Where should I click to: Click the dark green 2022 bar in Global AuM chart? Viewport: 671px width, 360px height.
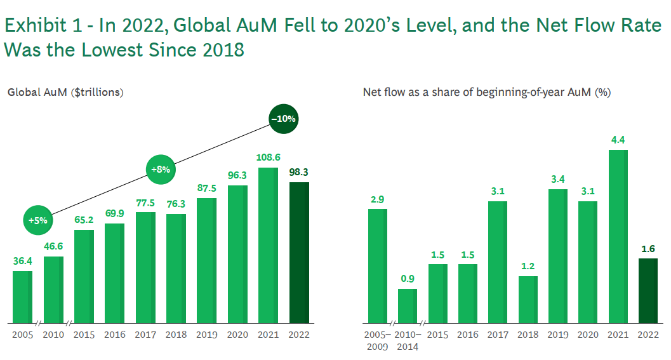coord(299,253)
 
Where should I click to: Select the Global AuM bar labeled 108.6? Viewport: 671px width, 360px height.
coord(269,245)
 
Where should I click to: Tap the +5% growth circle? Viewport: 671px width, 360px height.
coord(37,220)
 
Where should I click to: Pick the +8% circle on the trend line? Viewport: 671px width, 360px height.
coord(161,170)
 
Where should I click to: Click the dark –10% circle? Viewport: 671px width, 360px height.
coord(283,119)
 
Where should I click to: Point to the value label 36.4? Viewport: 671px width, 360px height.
coord(23,261)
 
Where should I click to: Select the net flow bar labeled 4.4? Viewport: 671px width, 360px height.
coord(618,236)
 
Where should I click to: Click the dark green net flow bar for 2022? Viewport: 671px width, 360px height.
coord(648,291)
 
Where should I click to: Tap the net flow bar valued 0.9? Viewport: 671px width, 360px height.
coord(408,306)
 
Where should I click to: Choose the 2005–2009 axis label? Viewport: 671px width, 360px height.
coord(378,341)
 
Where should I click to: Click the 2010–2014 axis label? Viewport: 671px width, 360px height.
coord(408,341)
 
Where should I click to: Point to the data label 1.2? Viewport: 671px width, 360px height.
coord(528,266)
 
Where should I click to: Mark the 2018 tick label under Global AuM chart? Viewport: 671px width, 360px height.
coord(176,335)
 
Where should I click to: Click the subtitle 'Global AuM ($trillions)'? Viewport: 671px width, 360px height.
coord(65,93)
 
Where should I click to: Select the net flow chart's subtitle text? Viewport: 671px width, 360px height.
coord(486,93)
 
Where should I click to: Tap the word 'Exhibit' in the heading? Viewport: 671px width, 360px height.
coord(37,25)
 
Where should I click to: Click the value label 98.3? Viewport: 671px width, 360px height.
coord(299,172)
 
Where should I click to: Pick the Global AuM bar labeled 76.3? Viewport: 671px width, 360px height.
coord(176,269)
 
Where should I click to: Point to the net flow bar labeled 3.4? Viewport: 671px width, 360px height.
coord(558,256)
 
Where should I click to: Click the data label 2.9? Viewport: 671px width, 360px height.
coord(378,199)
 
